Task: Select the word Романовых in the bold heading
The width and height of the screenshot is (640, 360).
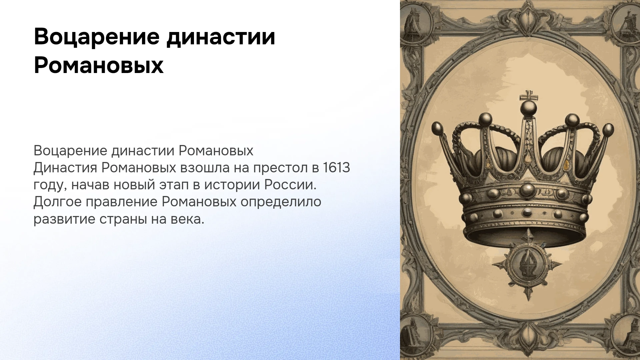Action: [99, 66]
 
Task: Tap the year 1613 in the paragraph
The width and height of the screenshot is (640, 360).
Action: [336, 168]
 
